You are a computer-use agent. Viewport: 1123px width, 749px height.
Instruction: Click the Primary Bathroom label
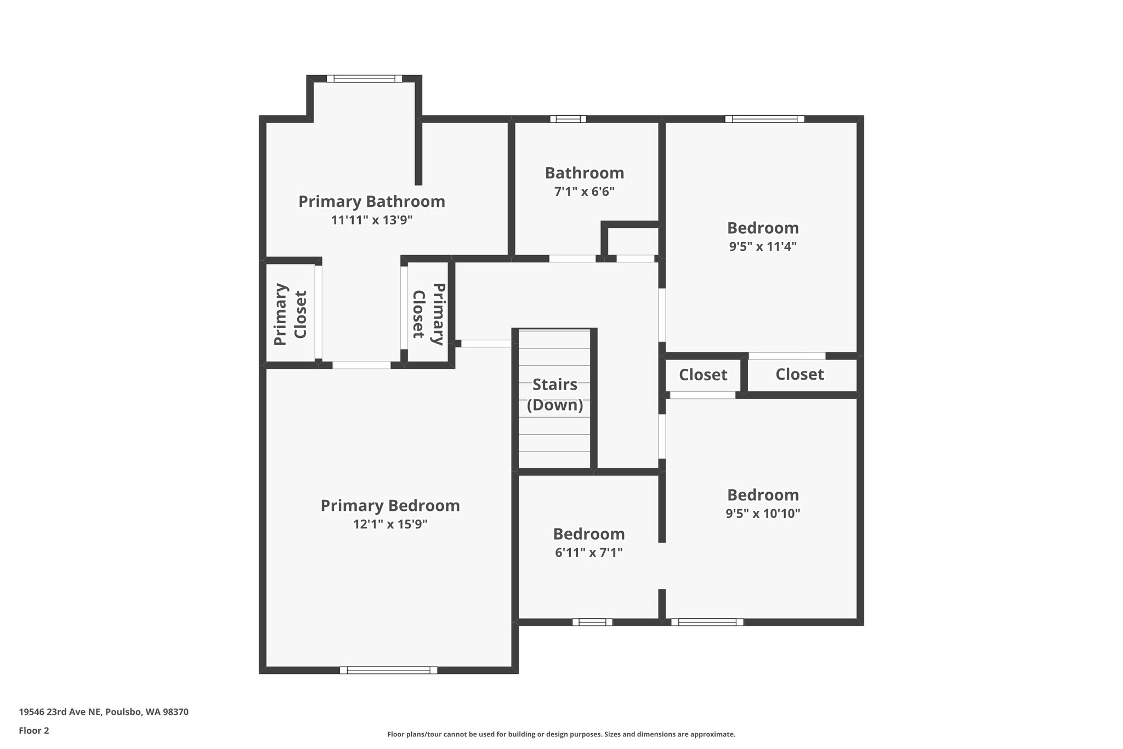[371, 201]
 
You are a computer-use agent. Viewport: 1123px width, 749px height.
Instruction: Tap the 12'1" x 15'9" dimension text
[390, 524]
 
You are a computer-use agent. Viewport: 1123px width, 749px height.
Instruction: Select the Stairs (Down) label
[555, 395]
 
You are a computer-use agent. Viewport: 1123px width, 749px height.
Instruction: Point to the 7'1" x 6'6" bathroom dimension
[584, 192]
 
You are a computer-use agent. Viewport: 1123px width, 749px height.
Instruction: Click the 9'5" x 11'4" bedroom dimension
[762, 246]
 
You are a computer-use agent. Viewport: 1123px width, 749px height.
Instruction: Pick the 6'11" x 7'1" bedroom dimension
[588, 553]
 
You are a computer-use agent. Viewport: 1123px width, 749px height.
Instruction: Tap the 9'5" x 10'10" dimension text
[762, 514]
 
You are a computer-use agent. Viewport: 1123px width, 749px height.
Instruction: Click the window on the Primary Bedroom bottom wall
[388, 669]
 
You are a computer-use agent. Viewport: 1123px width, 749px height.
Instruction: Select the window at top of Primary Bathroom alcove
[364, 78]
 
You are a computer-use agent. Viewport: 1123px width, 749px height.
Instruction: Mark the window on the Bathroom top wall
[568, 119]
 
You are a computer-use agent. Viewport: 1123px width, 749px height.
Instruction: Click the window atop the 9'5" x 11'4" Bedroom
[764, 119]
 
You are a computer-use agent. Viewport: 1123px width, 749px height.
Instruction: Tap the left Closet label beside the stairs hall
[702, 375]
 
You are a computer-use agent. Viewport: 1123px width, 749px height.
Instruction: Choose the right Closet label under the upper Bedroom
[799, 374]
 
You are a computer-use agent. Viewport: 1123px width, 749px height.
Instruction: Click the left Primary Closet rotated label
[290, 314]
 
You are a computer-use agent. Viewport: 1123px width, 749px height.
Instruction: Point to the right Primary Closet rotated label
[428, 314]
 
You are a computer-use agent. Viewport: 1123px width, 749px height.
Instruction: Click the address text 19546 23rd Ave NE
[104, 712]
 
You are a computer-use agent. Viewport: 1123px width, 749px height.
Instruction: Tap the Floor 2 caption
[34, 730]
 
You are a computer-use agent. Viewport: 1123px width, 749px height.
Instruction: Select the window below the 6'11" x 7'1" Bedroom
[592, 622]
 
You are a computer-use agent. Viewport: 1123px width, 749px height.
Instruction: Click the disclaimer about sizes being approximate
[561, 734]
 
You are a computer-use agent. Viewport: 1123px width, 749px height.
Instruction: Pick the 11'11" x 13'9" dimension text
[371, 220]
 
